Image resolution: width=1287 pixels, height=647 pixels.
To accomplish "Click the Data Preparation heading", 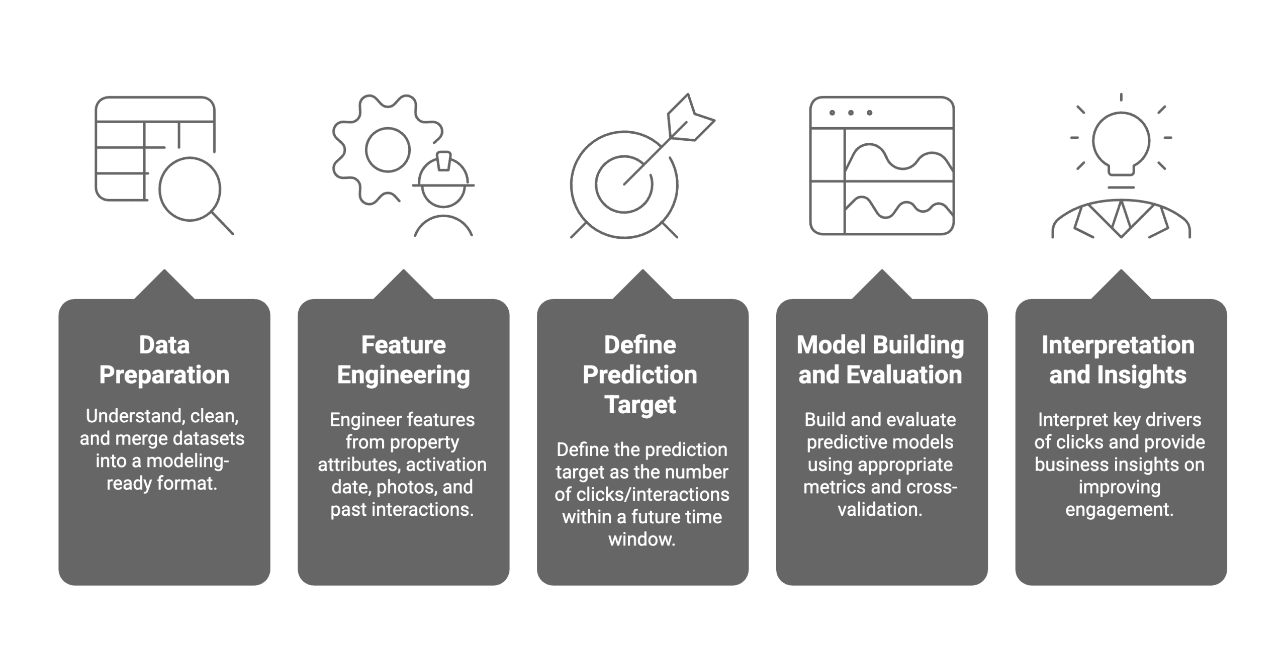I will (164, 360).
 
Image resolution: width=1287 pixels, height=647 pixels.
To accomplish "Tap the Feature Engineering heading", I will (403, 360).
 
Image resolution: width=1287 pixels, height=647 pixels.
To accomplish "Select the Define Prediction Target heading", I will (640, 375).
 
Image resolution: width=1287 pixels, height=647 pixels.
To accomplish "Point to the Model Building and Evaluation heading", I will (880, 360).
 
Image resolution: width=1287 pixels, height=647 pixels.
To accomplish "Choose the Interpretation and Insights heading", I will (1118, 360).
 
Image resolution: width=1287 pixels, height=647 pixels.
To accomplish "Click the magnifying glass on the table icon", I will (191, 189).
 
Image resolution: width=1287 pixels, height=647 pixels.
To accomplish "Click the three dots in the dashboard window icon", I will (851, 113).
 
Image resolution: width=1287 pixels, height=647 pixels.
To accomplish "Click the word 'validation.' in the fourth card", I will (880, 509).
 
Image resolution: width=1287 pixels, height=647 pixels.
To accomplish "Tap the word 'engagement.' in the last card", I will (1119, 509).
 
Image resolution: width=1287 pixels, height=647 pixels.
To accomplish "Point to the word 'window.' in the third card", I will (641, 539).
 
